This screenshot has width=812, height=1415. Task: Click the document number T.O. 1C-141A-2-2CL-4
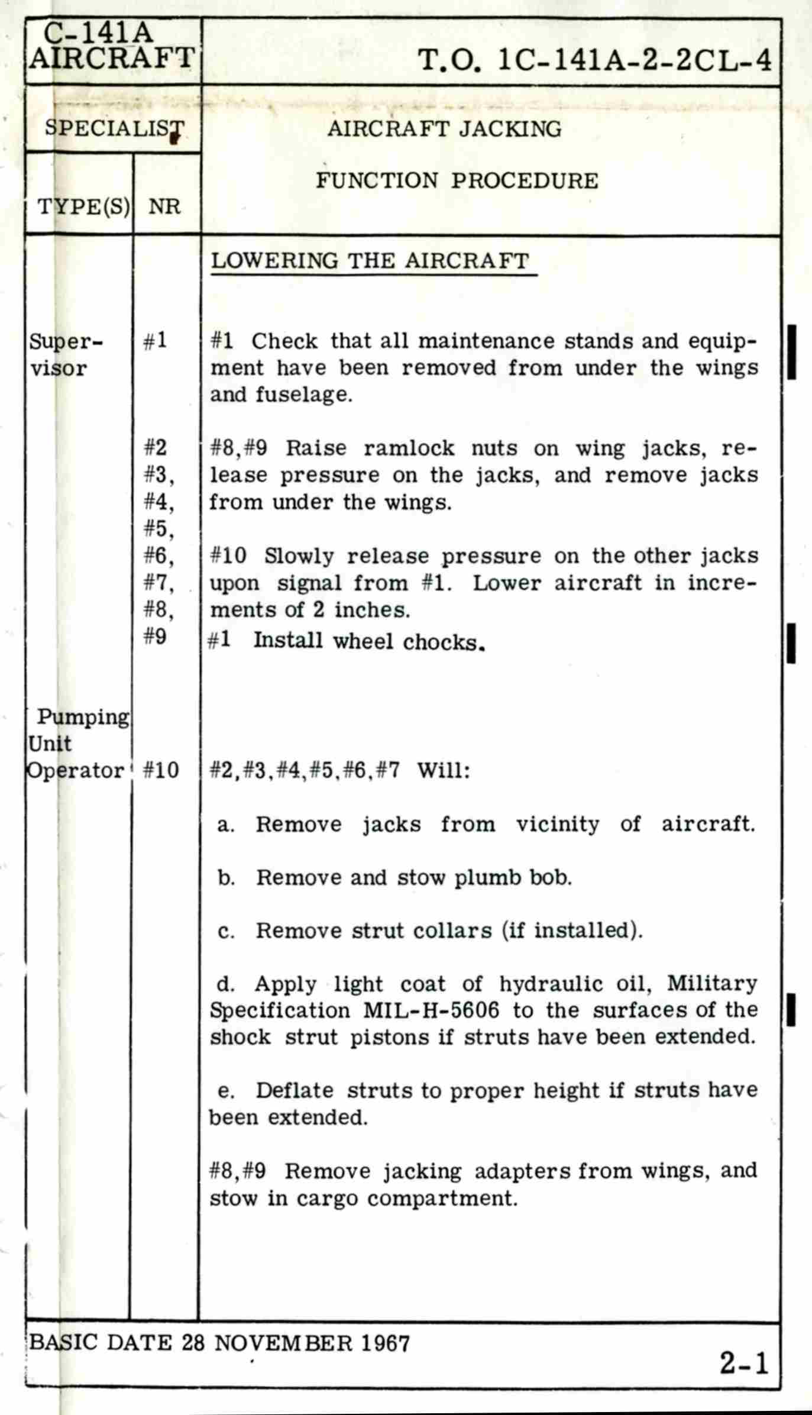pos(594,60)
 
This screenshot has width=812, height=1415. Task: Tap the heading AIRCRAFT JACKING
pos(444,129)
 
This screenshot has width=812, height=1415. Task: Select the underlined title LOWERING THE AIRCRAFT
pos(370,261)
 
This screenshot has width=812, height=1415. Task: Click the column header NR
pos(164,206)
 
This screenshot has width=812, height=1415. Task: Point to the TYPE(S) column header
pos(83,206)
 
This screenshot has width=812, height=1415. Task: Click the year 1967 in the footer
pos(385,1343)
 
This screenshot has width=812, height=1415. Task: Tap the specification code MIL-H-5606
pos(431,1010)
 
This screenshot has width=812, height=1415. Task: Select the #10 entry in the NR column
pos(161,770)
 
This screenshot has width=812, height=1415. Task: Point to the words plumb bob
pos(513,877)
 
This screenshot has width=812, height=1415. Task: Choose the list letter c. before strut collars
pos(226,931)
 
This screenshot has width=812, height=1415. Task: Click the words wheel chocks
pos(409,642)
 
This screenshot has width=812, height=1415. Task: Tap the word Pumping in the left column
pos(83,717)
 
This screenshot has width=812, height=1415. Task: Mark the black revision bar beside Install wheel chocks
pos(791,643)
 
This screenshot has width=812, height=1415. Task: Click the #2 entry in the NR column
pos(156,448)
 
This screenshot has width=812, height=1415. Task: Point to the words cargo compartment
pos(407,1198)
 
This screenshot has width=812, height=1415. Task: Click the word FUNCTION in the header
pos(377,180)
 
